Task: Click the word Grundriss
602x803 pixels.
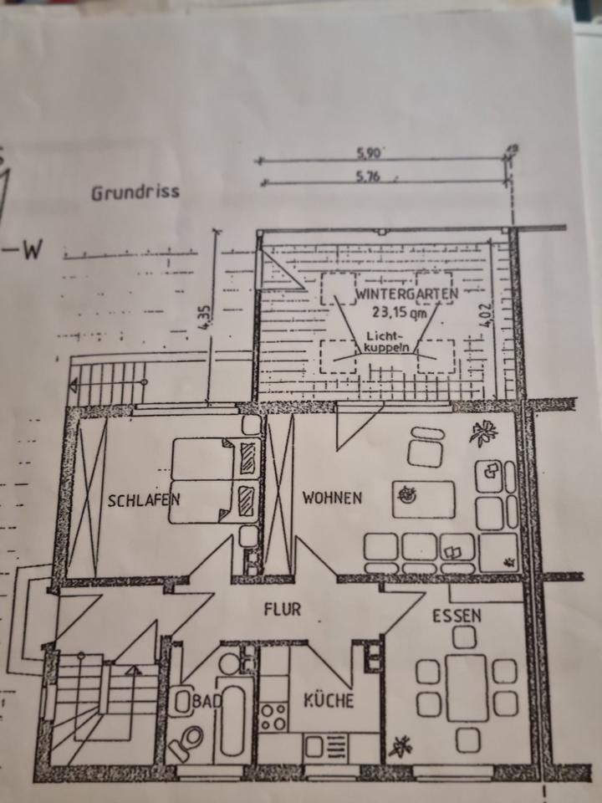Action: click(x=135, y=192)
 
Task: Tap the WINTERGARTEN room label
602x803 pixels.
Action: click(x=406, y=295)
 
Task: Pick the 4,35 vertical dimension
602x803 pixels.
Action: click(x=208, y=318)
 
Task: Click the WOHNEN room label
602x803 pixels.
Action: click(x=332, y=498)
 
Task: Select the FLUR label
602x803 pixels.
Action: click(x=282, y=609)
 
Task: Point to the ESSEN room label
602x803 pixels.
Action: click(x=457, y=616)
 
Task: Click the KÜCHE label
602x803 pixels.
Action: click(x=329, y=700)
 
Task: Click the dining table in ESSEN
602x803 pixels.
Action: click(x=466, y=688)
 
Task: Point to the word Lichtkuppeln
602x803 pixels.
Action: click(x=385, y=340)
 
